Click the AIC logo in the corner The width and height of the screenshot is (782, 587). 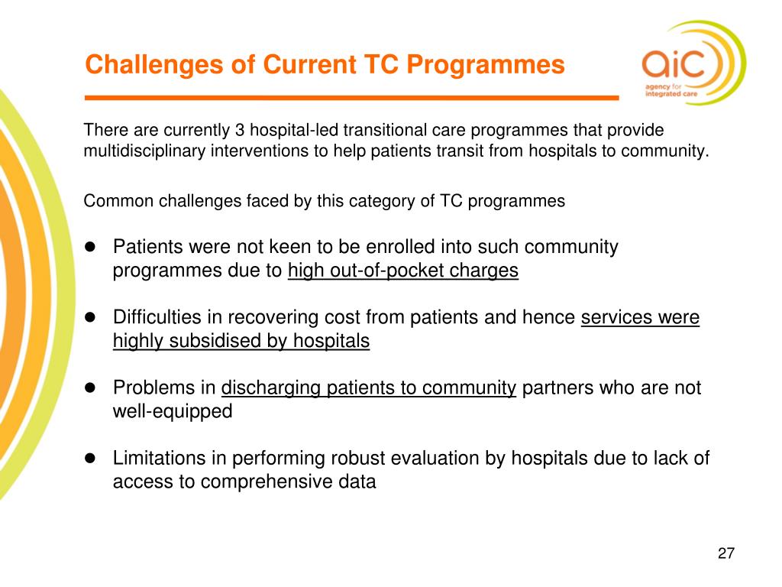coord(694,63)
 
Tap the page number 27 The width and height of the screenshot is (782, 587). coord(726,553)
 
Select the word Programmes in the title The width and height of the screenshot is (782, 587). coord(486,66)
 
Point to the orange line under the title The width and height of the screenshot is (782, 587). coord(351,98)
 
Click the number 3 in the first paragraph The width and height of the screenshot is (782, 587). coord(240,130)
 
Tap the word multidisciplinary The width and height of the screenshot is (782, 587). coord(144,151)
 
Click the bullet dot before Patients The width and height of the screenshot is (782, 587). coord(90,247)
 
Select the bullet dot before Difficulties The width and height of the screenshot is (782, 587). coord(90,317)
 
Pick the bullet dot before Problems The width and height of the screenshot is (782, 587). coord(90,388)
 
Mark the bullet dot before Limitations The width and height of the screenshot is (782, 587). coord(90,458)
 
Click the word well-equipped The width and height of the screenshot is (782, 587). coord(173,412)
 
